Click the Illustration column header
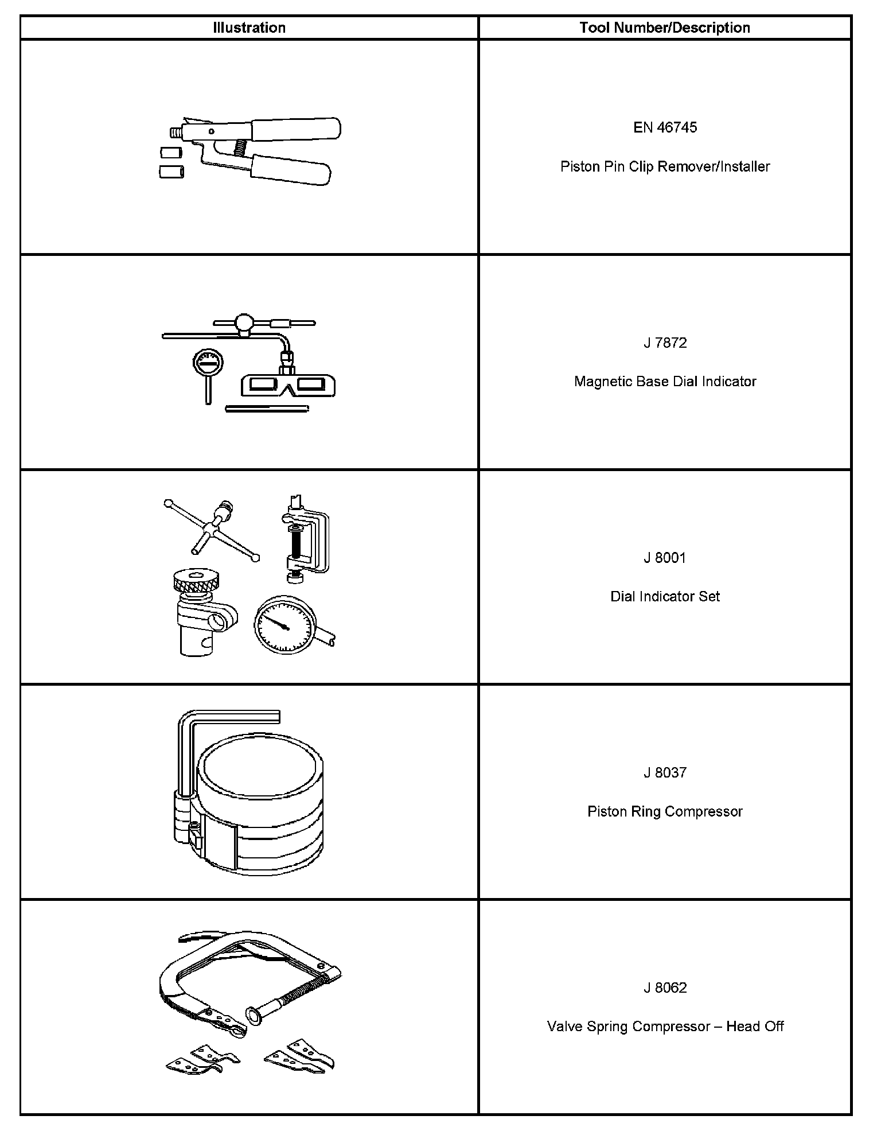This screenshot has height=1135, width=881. (x=249, y=28)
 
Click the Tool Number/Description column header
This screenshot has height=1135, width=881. (x=665, y=28)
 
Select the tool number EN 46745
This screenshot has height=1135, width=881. (x=665, y=127)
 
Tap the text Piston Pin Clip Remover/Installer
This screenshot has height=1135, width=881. (x=665, y=166)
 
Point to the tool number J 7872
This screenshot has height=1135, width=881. (x=665, y=343)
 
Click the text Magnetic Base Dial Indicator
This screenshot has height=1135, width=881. (x=665, y=382)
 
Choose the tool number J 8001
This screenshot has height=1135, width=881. (x=665, y=558)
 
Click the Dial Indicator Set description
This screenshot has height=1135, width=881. (x=665, y=597)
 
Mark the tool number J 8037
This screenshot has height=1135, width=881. (x=665, y=773)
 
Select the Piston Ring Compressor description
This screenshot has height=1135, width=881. (x=665, y=811)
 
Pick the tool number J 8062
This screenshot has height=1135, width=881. (x=665, y=988)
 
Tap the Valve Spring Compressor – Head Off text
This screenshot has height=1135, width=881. (x=665, y=1027)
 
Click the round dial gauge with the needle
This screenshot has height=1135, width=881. (x=285, y=624)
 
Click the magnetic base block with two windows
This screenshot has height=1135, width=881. (x=289, y=385)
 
